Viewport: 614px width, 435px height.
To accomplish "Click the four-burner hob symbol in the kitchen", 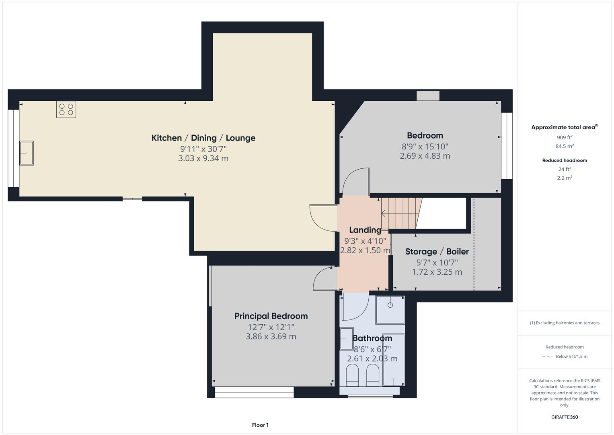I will pos(66,110).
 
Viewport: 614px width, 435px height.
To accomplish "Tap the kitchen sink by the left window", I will pos(27,153).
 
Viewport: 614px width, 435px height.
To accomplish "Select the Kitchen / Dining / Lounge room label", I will pos(203,138).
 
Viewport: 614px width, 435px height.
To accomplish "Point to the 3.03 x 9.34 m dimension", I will pos(203,158).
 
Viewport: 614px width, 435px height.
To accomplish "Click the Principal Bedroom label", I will pos(271,316).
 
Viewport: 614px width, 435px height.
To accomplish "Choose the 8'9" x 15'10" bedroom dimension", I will pos(425,146).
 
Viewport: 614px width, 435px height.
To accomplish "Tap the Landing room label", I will pos(365,230).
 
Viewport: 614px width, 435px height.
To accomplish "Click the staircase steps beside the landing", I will pos(400,213).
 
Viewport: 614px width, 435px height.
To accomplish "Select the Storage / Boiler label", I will pos(437,252).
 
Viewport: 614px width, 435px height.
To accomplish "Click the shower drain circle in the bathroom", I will pos(390,305).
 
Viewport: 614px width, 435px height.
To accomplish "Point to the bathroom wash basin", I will pos(346,339).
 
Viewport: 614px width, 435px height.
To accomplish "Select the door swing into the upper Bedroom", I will pos(355,182).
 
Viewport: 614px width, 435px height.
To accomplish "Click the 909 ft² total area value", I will pos(564,137).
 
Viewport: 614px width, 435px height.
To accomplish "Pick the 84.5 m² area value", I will pos(564,146).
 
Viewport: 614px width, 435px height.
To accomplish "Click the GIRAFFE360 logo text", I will pos(564,417).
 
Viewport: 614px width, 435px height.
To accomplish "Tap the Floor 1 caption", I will pos(260,425).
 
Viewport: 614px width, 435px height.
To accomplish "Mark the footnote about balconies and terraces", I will pos(564,323).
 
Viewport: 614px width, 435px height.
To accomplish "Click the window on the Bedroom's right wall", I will pos(507,145).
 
